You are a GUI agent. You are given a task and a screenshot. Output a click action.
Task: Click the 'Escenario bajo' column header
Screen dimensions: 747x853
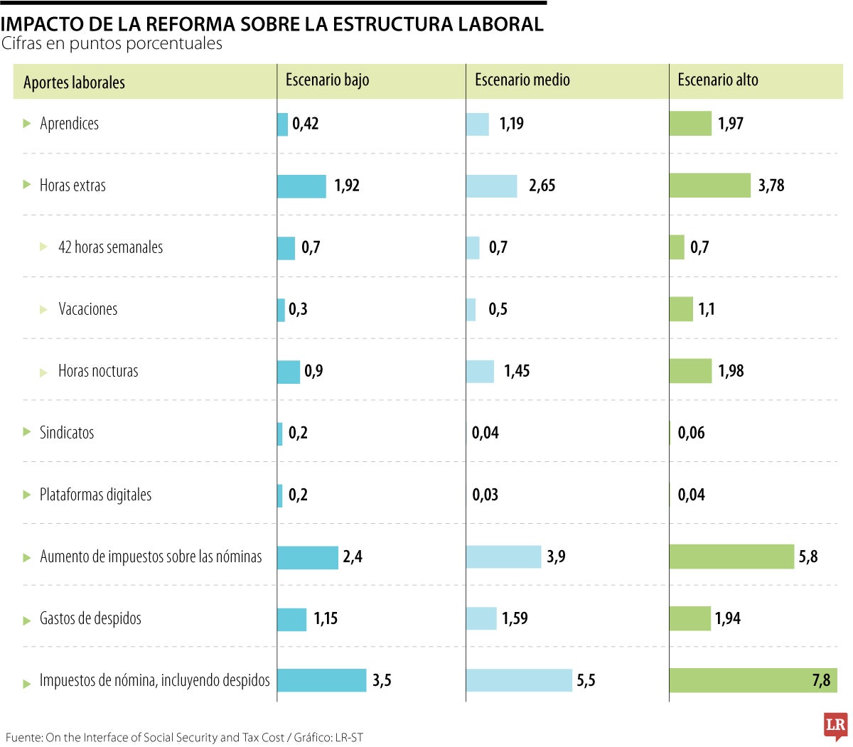tap(327, 80)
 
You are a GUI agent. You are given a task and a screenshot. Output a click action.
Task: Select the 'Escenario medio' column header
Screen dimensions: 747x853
tap(522, 80)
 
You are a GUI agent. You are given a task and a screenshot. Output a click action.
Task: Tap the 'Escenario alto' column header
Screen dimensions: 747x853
tap(717, 80)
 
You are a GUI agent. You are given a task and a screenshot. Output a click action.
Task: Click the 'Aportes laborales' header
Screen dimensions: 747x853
tap(74, 82)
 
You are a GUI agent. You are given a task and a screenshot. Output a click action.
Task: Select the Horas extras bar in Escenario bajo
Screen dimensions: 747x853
tap(301, 186)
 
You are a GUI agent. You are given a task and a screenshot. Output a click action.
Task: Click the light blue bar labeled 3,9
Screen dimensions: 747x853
tap(503, 557)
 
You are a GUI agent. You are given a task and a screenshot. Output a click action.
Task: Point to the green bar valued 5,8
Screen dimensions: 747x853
tap(731, 557)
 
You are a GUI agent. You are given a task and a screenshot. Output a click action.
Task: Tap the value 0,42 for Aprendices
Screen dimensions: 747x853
tap(306, 124)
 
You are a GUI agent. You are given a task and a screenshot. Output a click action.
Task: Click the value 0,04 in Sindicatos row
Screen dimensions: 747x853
tap(485, 433)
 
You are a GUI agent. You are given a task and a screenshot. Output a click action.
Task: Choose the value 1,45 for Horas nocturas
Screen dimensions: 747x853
tap(517, 371)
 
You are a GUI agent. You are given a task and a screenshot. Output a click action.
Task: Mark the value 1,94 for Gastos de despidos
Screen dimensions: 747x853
tap(728, 618)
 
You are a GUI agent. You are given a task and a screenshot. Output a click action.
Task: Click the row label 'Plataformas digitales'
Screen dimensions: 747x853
tap(95, 495)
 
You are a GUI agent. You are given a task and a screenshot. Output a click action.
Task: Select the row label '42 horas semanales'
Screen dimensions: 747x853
tap(110, 247)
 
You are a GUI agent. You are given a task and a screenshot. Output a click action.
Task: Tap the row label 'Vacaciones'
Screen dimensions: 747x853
tap(87, 309)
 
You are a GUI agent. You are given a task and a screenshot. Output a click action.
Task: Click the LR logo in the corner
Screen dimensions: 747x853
tap(835, 726)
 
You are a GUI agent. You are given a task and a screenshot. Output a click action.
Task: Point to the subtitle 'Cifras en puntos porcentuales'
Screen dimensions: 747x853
tap(112, 44)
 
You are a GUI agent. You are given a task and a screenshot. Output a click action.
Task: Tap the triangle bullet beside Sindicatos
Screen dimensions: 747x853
tap(27, 432)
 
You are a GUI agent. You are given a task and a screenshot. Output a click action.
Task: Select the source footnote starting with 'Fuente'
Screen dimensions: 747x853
tap(184, 738)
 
